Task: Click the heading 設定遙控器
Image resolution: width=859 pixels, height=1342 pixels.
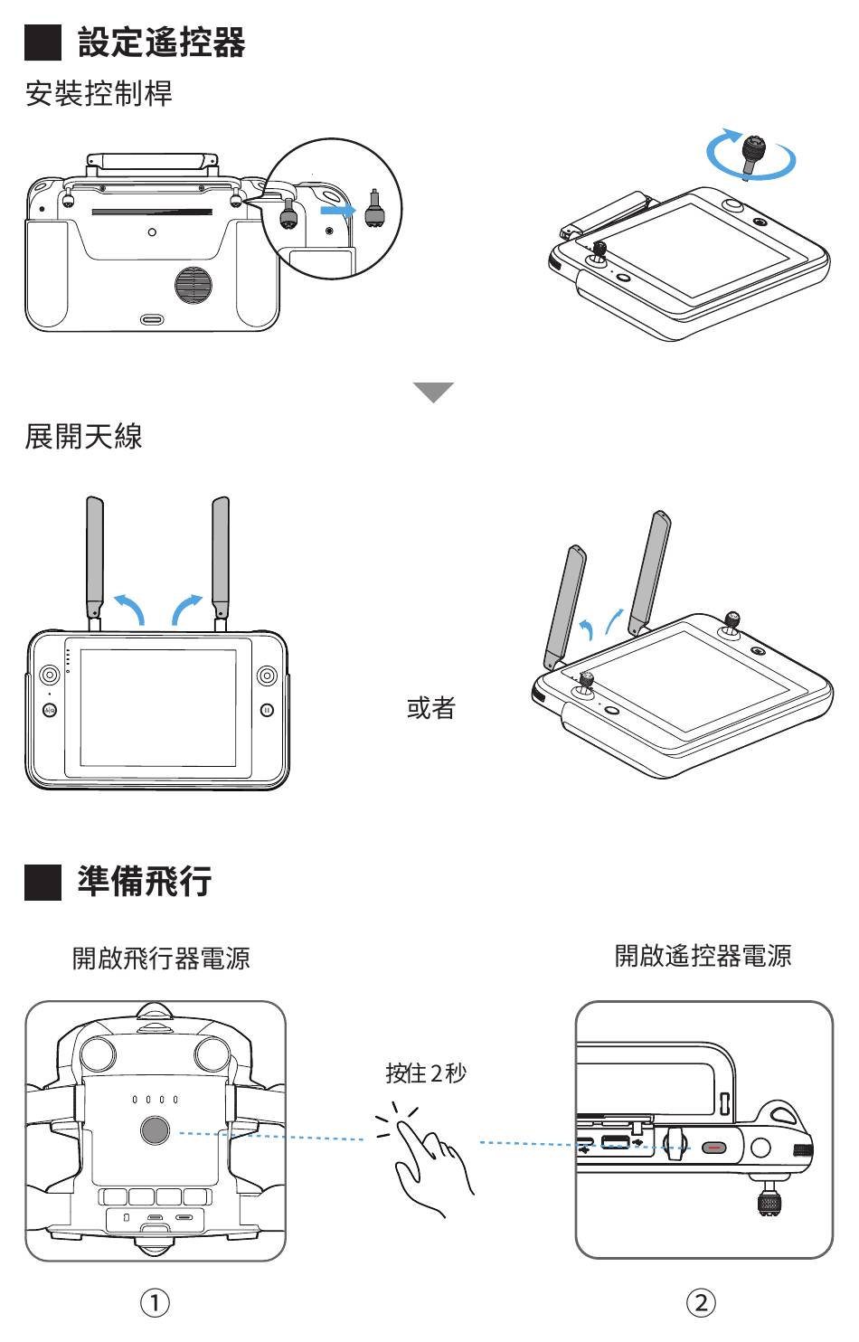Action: pyautogui.click(x=161, y=43)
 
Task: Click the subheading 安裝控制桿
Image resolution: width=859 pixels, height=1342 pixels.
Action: pyautogui.click(x=99, y=93)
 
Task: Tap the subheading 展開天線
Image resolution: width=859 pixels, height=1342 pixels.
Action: pyautogui.click(x=83, y=437)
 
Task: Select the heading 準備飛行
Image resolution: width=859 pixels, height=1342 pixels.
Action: pyautogui.click(x=144, y=881)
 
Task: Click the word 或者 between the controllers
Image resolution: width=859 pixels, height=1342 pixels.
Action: pyautogui.click(x=431, y=708)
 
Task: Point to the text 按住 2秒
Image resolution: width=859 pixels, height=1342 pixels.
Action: pyautogui.click(x=426, y=1073)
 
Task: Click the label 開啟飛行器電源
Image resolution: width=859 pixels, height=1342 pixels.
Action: pyautogui.click(x=161, y=958)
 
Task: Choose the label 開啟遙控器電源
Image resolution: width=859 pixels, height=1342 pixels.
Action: pyautogui.click(x=703, y=956)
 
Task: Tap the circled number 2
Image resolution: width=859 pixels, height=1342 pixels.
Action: pyautogui.click(x=701, y=1303)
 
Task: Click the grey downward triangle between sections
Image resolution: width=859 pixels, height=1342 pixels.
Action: pyautogui.click(x=433, y=392)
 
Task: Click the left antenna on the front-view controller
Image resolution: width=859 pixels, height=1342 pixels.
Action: pyautogui.click(x=94, y=556)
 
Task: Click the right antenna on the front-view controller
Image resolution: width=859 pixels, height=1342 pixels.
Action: pyautogui.click(x=220, y=556)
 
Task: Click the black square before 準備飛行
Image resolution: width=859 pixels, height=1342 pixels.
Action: pyautogui.click(x=42, y=882)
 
